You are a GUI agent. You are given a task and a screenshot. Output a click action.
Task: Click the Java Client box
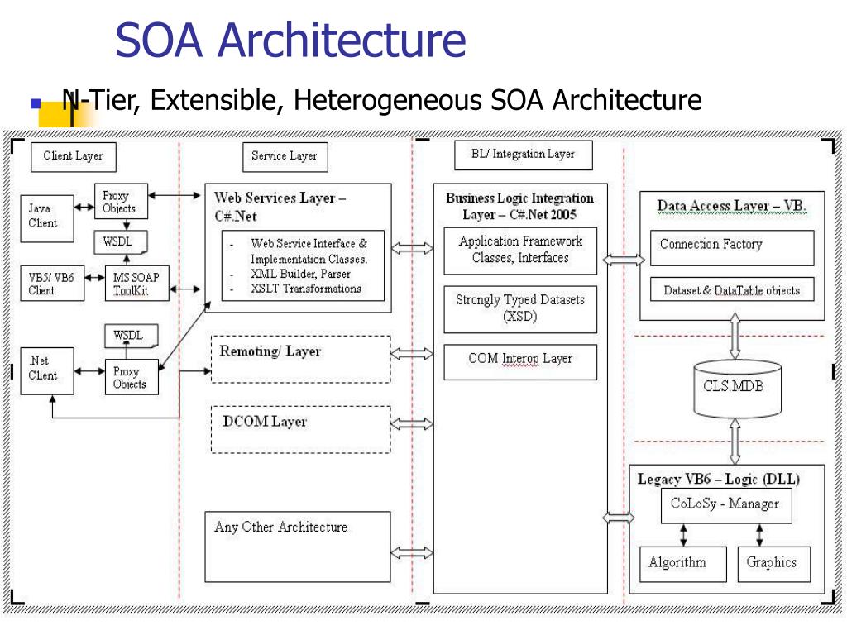(x=47, y=218)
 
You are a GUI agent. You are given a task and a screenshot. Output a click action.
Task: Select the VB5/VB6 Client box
(x=52, y=283)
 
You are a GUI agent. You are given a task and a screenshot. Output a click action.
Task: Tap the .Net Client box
(x=47, y=371)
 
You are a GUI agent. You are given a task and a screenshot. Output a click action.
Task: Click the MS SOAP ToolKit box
(x=137, y=283)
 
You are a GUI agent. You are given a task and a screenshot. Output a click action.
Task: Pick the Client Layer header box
(x=74, y=156)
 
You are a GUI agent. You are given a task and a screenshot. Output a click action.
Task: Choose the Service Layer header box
(x=285, y=156)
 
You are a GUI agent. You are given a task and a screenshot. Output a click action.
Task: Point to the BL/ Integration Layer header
(x=524, y=155)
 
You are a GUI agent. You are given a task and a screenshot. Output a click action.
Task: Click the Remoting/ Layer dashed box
(x=301, y=359)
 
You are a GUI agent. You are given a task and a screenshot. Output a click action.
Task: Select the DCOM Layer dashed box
(x=301, y=429)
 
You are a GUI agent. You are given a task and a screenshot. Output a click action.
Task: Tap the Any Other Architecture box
(x=298, y=547)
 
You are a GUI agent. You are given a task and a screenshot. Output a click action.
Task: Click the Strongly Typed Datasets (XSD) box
(x=520, y=309)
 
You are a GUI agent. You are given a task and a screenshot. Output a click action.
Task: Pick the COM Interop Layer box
(x=520, y=362)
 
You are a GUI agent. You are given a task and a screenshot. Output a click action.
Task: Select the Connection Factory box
(x=732, y=248)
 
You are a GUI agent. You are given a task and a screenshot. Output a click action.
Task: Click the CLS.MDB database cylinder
(x=737, y=389)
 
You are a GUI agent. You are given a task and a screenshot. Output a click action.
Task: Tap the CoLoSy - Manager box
(x=726, y=505)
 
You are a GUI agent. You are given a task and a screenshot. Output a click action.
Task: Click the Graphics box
(x=774, y=564)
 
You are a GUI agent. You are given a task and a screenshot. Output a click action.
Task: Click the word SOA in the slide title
(x=160, y=40)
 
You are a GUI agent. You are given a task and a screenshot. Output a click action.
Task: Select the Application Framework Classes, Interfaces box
(x=520, y=251)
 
